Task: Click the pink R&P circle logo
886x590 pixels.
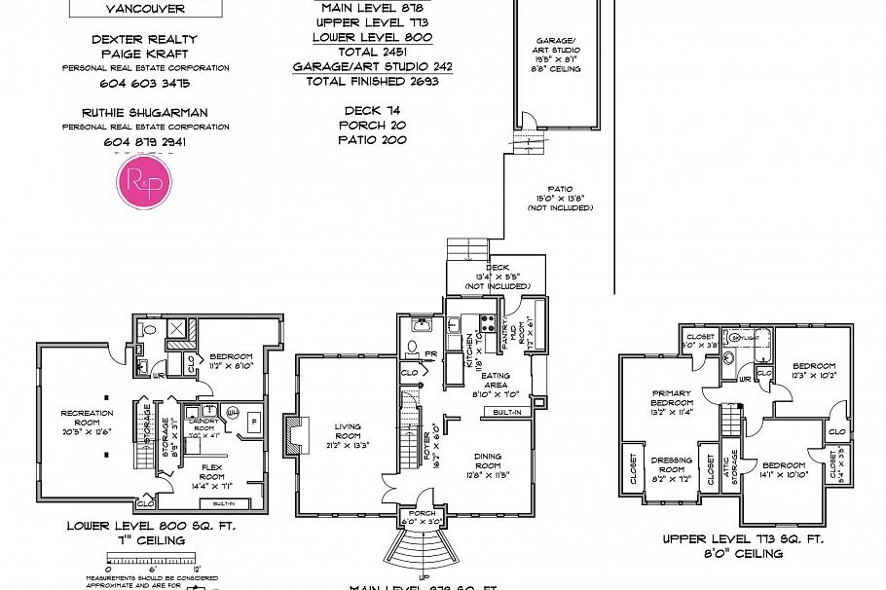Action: click(x=145, y=182)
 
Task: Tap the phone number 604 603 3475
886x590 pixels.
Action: click(x=145, y=84)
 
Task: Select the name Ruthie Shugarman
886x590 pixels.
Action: click(x=145, y=112)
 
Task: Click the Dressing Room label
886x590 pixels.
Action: click(x=671, y=465)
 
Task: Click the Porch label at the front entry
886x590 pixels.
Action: click(x=423, y=518)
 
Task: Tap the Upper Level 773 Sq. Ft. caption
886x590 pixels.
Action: click(x=743, y=539)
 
